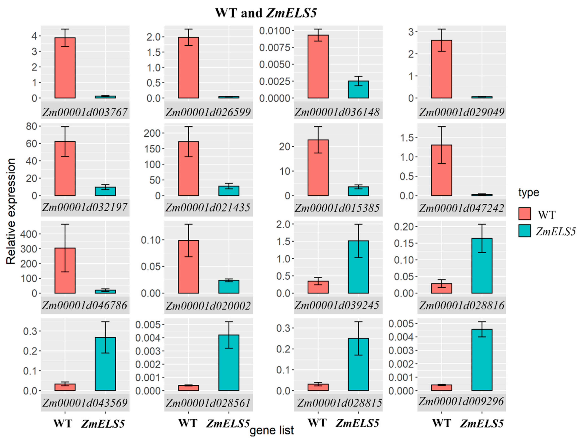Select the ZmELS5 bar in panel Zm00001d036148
[x=358, y=89]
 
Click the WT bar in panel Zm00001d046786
[x=65, y=271]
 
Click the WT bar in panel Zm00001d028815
[x=318, y=387]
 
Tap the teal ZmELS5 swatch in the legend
[x=525, y=231]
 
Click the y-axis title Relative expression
[x=11, y=211]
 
